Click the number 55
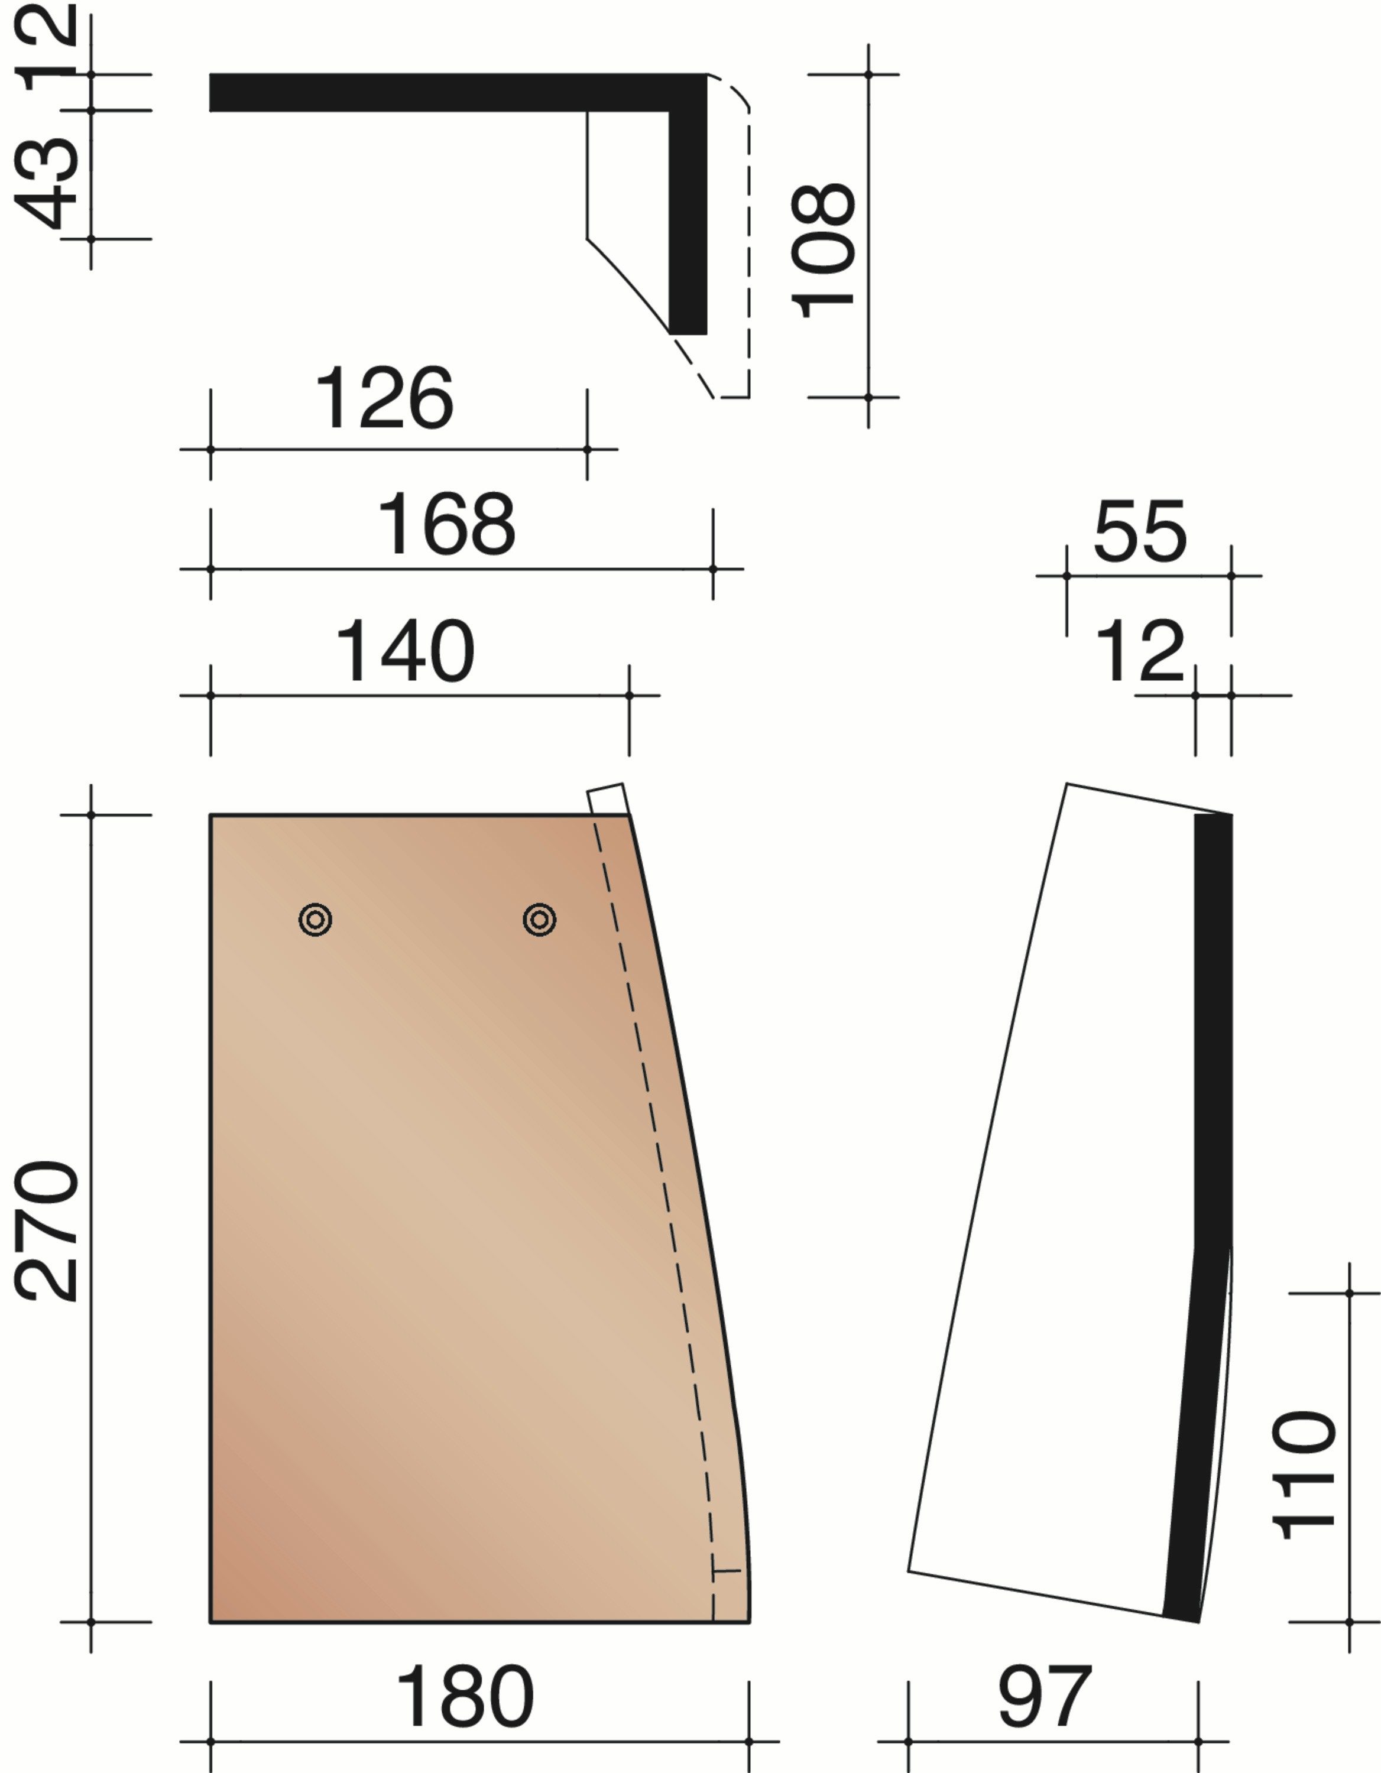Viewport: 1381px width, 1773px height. [1140, 532]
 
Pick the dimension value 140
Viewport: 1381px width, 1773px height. [404, 651]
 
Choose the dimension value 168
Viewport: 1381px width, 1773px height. [446, 524]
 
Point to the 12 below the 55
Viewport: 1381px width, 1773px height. [1140, 651]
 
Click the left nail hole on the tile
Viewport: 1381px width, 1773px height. [315, 920]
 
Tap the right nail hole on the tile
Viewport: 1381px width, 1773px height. [539, 920]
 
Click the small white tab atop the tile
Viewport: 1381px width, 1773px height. [607, 799]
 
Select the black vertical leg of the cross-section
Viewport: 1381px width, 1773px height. [688, 219]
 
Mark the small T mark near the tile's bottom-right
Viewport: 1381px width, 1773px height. [725, 1571]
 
